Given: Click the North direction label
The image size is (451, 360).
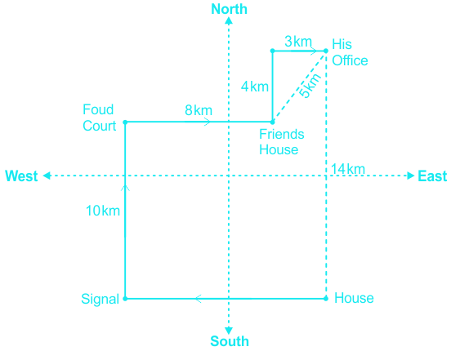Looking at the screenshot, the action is click(230, 9).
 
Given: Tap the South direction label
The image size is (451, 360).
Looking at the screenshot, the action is click(230, 341).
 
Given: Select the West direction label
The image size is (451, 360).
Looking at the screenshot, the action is click(21, 176).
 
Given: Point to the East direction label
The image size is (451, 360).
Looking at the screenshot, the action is click(432, 176).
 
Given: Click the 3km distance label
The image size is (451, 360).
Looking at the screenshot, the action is click(298, 42).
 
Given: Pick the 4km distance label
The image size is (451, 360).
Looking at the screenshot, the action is click(255, 87).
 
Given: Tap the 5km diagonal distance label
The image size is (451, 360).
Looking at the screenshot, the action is click(310, 86).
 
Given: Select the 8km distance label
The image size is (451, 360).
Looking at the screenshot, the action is click(199, 110).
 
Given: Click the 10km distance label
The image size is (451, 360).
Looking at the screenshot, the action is click(103, 211).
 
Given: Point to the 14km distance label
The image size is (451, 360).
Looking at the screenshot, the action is click(348, 169).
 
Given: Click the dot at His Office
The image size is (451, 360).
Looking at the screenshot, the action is click(326, 51).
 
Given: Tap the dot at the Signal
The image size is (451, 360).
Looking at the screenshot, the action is click(125, 299).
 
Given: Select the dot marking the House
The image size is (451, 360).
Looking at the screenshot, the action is click(326, 299).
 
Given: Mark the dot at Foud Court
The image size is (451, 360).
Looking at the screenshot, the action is click(125, 122).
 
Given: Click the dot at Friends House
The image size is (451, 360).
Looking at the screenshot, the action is click(273, 122).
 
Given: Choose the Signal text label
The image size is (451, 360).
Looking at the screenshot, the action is click(100, 299).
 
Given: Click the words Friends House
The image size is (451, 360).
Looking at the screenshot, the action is click(282, 142).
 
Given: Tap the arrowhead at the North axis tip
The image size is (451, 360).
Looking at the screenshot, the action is click(229, 20).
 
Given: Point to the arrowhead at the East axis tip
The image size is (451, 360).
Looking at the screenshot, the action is click(411, 176).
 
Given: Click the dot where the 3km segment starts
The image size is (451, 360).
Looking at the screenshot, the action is click(273, 51).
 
